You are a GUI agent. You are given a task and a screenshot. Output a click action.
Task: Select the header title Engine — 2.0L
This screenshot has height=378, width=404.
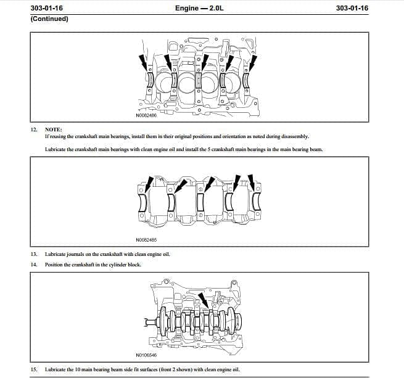(x=199, y=8)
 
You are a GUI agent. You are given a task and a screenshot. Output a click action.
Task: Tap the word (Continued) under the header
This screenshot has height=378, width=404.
(x=49, y=18)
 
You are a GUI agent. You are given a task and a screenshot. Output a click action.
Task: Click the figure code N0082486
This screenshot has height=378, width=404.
(x=146, y=115)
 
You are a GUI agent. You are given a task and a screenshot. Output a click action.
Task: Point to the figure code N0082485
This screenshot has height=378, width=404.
(x=146, y=239)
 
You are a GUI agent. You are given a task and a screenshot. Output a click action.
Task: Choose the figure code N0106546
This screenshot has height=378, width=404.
(x=146, y=355)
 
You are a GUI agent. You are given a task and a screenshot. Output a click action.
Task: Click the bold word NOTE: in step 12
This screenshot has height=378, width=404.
(x=54, y=129)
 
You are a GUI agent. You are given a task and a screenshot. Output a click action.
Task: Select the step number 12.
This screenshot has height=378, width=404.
(x=34, y=129)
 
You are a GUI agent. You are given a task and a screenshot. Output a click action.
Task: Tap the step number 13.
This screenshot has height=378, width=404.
(x=34, y=253)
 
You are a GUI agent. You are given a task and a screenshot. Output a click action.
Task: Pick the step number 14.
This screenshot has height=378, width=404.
(x=34, y=265)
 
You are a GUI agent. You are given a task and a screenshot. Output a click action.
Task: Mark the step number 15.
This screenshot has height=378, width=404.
(x=34, y=369)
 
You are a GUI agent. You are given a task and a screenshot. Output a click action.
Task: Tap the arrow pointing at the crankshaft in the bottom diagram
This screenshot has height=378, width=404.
(x=204, y=301)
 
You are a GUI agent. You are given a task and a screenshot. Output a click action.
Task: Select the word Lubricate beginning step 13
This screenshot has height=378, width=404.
(x=56, y=253)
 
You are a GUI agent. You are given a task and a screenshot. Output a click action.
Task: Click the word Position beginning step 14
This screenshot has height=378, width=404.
(x=54, y=265)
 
